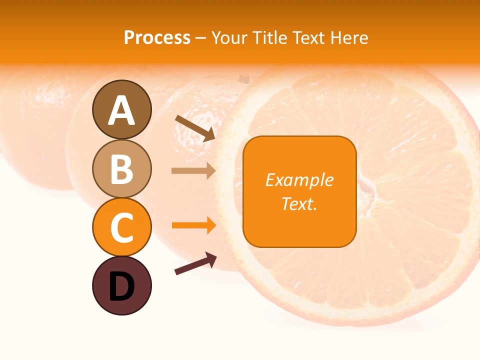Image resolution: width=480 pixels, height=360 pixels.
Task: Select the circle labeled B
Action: [x=121, y=168]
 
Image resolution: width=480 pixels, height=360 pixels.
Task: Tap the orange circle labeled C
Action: [x=121, y=227]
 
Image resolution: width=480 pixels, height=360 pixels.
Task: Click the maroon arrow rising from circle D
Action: [x=195, y=263]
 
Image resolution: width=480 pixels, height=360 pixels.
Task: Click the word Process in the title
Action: [x=157, y=38]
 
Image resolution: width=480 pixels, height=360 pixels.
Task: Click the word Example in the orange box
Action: [x=299, y=180]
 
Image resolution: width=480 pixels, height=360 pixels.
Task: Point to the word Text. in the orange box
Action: [x=299, y=203]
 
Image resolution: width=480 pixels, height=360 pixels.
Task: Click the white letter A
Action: [x=121, y=110]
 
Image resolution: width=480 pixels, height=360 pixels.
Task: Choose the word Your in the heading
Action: [x=229, y=38]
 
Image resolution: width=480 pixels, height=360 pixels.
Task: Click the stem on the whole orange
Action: [x=243, y=79]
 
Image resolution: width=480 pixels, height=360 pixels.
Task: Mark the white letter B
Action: [x=121, y=169]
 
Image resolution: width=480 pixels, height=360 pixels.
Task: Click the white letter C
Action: [x=121, y=227]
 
